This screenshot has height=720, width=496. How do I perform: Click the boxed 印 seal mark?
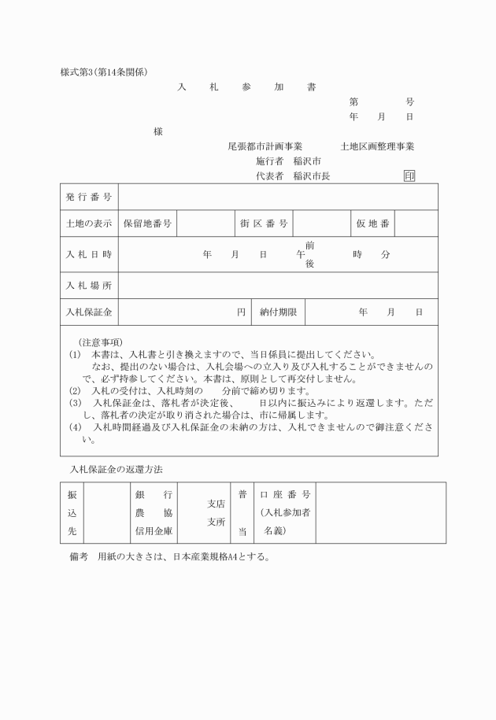[x=409, y=176]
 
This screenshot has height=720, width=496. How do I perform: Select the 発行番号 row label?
[x=89, y=196]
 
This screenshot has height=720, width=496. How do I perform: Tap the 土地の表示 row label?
[x=89, y=224]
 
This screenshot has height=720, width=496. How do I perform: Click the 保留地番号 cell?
[x=147, y=224]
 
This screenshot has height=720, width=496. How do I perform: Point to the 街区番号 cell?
[x=264, y=224]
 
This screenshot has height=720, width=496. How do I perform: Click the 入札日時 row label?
[x=89, y=254]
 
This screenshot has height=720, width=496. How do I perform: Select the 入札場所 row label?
[x=89, y=284]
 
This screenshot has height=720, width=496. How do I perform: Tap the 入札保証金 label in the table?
[x=89, y=312]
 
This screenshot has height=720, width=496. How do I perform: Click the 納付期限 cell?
[x=278, y=312]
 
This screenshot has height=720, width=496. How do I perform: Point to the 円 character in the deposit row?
[x=242, y=312]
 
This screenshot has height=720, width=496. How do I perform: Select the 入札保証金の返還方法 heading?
[x=116, y=469]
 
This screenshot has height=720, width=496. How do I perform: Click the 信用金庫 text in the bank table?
[x=154, y=531]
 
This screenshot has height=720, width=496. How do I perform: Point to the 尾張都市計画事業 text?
[x=265, y=146]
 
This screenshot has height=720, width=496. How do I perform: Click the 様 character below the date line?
[x=158, y=131]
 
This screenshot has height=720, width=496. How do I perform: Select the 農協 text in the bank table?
[x=154, y=512]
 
